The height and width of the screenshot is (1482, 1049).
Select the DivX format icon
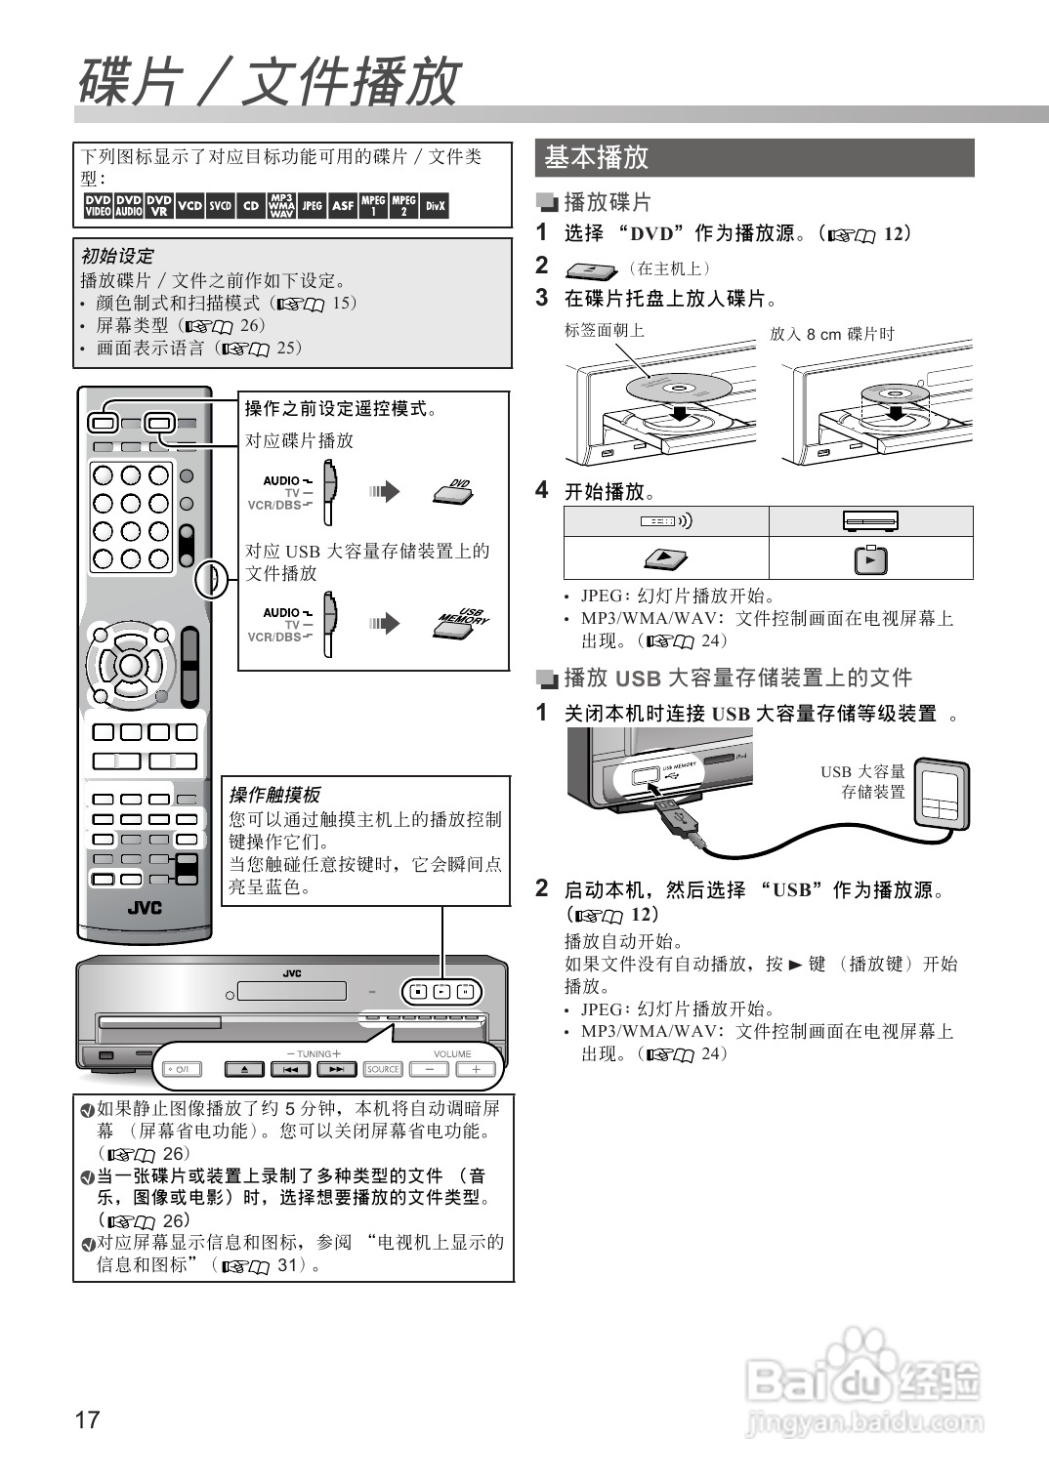[x=435, y=206]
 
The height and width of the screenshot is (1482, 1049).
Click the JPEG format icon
[x=312, y=206]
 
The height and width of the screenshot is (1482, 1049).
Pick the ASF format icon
[x=343, y=206]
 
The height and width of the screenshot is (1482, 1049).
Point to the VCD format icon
[x=190, y=206]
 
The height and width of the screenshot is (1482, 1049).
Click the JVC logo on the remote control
[x=145, y=908]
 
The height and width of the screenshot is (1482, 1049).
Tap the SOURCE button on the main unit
[x=383, y=1069]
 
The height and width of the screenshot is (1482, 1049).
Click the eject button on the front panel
[x=244, y=1069]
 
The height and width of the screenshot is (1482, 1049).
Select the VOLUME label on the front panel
[x=452, y=1054]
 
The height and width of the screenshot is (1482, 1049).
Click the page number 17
[x=87, y=1420]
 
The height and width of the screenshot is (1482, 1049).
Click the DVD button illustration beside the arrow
[x=454, y=491]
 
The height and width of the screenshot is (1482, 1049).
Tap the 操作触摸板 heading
[x=273, y=795]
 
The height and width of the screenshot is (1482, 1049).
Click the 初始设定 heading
[x=117, y=256]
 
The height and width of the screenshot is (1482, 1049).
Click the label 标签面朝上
[x=604, y=330]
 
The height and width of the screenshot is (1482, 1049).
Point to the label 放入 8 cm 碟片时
[x=831, y=334]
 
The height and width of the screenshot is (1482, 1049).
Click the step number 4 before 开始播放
[x=542, y=490]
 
